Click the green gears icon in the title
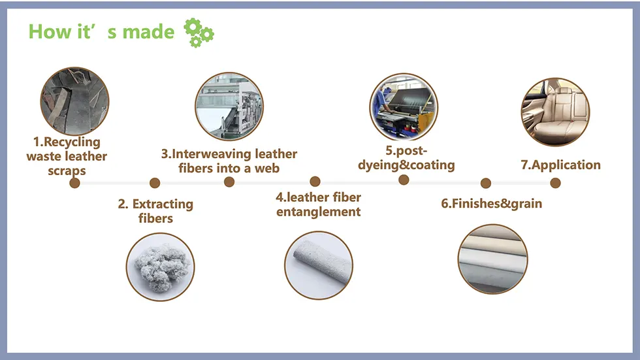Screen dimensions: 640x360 coord(199,33)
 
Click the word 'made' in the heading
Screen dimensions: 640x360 coord(148,32)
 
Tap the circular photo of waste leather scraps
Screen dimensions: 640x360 coord(74,101)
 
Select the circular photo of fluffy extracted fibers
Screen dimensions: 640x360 coord(161,267)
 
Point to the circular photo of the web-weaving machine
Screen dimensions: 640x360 coord(229,106)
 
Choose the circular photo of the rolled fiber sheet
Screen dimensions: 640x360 coord(319,265)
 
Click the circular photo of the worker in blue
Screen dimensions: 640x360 coord(404,107)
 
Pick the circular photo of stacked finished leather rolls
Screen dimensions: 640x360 coord(493,259)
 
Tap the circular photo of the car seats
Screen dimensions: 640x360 coord(556,112)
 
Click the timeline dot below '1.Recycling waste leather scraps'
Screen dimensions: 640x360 coord(74,183)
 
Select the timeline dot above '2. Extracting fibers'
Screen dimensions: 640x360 coord(155,183)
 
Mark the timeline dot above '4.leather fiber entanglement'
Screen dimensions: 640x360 coord(315,181)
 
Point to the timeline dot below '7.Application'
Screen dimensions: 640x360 coord(556,183)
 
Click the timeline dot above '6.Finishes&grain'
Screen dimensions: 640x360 coord(486,183)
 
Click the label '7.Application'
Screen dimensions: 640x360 coord(561,165)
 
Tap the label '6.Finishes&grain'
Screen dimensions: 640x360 coord(491,203)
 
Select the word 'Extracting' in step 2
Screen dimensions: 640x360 coord(163,204)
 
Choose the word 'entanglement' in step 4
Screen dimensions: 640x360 coord(319,212)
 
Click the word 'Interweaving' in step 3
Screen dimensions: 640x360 coord(212,154)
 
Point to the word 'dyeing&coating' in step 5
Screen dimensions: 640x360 coord(406,165)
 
